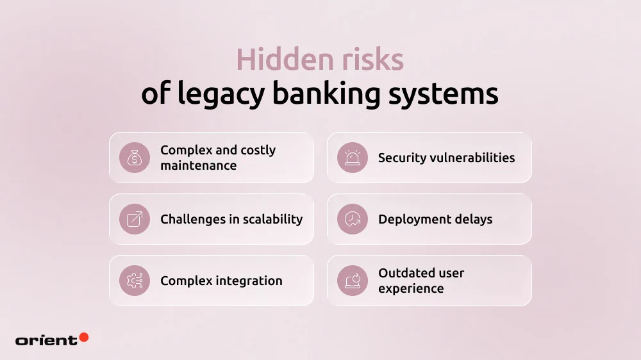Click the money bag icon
[135, 158]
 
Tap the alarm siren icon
[353, 158]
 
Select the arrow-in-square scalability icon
[135, 219]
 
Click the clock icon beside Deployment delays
[353, 219]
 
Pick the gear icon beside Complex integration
[135, 281]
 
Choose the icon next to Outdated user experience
[353, 281]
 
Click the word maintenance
[198, 166]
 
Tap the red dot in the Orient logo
[83, 337]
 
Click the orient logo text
[46, 340]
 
